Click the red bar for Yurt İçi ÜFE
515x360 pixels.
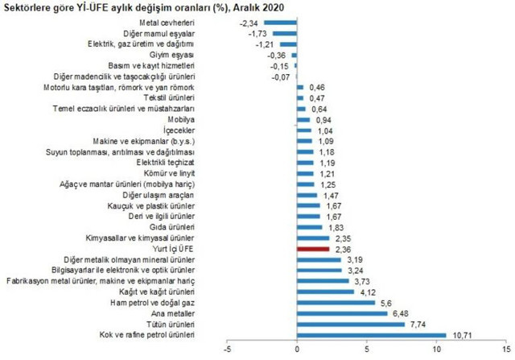(x=314, y=250)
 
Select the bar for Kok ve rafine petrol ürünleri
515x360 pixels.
(x=372, y=335)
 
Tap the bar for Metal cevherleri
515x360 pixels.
(x=281, y=23)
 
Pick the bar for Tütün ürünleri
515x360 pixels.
(x=351, y=325)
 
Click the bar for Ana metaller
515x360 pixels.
(x=342, y=313)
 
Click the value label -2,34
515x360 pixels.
(x=250, y=23)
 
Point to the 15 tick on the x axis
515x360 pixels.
(x=505, y=350)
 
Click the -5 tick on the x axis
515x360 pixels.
(x=229, y=350)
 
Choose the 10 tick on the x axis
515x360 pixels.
(x=436, y=350)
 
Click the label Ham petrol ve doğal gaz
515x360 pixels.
(x=151, y=303)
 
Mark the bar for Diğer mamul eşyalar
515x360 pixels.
(x=286, y=34)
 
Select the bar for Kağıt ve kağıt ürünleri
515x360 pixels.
(x=326, y=292)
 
